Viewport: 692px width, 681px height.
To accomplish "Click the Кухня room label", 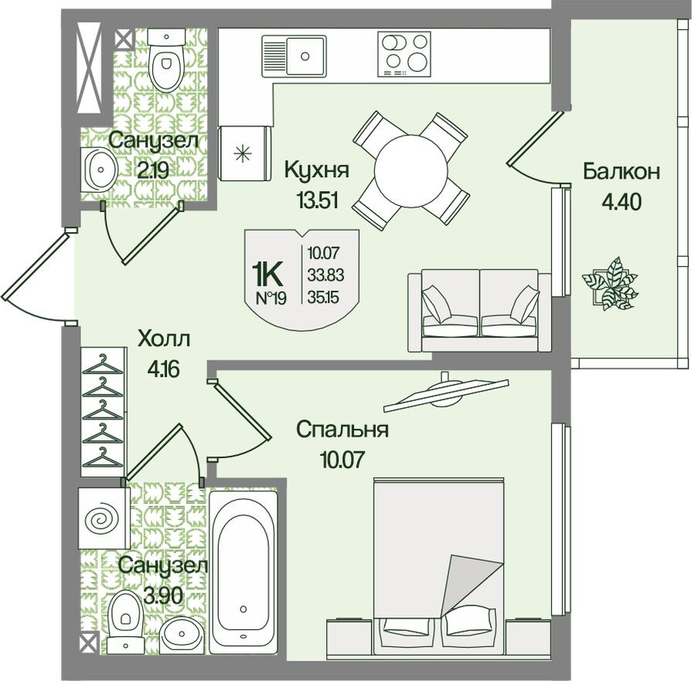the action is pos(317,169).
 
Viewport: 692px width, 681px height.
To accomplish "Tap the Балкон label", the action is pos(622,171).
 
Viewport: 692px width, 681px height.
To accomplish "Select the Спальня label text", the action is pos(343,429).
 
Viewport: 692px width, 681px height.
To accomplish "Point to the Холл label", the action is pos(164,340).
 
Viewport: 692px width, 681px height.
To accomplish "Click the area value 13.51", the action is pos(317,201).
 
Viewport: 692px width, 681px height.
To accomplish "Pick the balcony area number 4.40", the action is pos(621,203).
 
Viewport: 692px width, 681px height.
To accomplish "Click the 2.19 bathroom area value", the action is pos(152,170).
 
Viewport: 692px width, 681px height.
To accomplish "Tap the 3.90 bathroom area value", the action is pos(163,597).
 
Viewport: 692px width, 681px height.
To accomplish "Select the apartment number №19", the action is pos(271,299).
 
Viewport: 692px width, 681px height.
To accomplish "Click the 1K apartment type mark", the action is pos(267,275).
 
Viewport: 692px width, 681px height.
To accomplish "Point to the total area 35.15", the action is pos(323,297).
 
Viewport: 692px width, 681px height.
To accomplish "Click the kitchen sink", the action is pos(295,56).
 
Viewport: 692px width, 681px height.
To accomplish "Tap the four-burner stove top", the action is pos(404,54).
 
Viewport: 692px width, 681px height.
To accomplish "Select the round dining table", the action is pos(411,170).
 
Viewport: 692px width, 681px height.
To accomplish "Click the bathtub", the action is pos(244,573).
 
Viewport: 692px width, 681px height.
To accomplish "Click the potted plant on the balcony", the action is pos(610,282).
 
